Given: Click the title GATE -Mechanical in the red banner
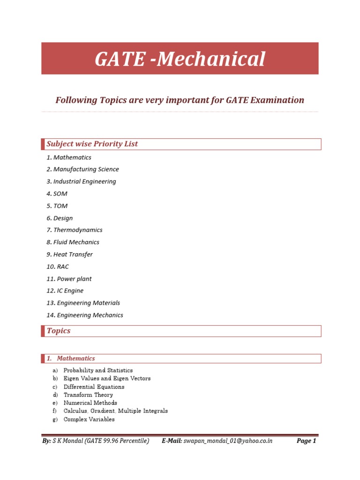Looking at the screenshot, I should click(180, 59).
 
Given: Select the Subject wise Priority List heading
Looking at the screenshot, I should click(92, 144).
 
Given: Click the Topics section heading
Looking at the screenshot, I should click(59, 331).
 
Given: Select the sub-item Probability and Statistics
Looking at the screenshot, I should click(98, 370).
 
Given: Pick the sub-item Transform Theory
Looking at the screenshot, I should click(88, 395).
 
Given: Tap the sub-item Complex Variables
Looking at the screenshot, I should click(89, 419).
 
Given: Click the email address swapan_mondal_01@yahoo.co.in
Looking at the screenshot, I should click(228, 441).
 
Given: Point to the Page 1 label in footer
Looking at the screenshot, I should click(307, 441).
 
